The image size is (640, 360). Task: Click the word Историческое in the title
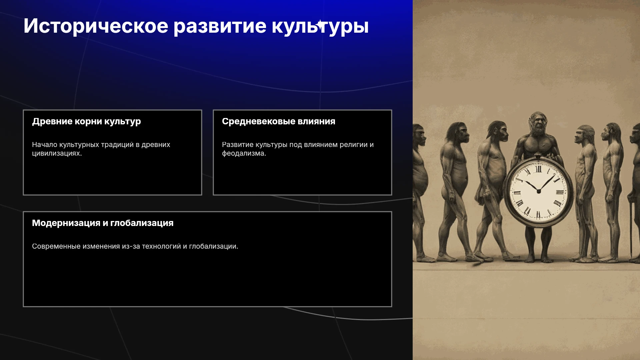pos(96,26)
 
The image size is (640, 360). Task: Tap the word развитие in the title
pos(220,26)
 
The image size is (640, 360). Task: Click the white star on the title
pos(321,25)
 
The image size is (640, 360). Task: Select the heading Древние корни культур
pos(86,121)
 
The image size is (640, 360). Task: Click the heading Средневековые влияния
pos(279,121)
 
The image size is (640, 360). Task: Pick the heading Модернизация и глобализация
pos(103,223)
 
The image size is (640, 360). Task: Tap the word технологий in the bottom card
pos(161,246)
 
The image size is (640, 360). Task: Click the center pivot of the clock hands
pos(538,191)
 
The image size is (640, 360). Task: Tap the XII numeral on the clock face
pos(538,169)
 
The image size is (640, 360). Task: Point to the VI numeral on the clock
pos(538,215)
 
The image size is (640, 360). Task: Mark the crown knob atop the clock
pos(538,155)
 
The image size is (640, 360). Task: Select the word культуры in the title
pos(320,26)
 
